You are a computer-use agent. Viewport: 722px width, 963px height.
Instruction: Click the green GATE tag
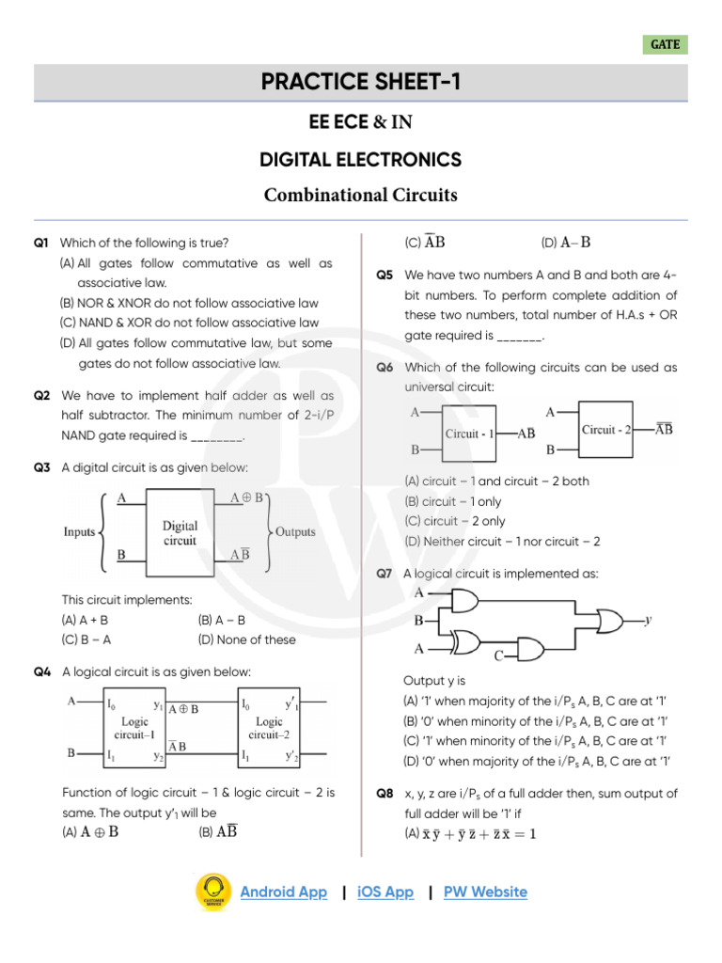[665, 44]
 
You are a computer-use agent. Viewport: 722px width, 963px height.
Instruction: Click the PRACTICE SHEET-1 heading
[361, 83]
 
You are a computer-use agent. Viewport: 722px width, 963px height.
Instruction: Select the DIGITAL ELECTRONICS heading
[361, 160]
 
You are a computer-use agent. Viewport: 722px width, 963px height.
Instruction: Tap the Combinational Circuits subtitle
[361, 196]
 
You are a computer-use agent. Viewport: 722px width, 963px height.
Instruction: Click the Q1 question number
[40, 244]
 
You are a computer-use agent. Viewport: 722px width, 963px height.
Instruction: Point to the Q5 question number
[384, 276]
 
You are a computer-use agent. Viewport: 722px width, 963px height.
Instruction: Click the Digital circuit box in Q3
[180, 533]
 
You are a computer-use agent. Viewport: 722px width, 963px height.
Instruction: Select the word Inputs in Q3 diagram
[79, 532]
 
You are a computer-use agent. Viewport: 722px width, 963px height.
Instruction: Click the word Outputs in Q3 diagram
[295, 532]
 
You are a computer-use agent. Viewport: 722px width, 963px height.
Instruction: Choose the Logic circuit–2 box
[269, 726]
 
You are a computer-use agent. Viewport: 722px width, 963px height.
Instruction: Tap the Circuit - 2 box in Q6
[612, 430]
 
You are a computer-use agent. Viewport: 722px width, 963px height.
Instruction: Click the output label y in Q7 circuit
[649, 621]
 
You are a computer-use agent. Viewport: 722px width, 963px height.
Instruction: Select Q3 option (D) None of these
[246, 639]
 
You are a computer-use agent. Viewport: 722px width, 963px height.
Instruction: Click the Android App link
[283, 892]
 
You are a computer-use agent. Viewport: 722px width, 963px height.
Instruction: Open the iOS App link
[385, 892]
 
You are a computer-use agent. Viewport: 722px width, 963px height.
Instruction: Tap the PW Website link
[485, 892]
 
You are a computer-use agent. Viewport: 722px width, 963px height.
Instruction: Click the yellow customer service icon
[213, 892]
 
